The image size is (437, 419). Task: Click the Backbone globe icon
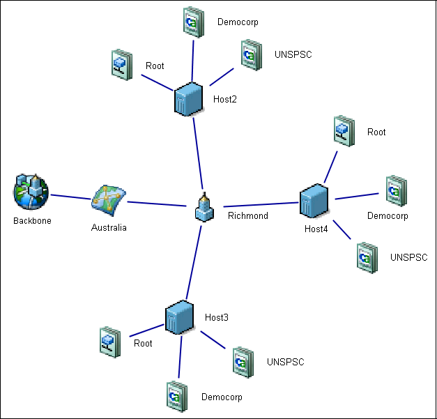point(31,192)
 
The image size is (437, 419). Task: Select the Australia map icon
point(109,201)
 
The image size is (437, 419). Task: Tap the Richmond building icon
point(204,208)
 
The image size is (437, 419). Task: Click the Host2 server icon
point(188,98)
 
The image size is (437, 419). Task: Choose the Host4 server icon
point(315,201)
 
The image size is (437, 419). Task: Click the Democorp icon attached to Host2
point(192,22)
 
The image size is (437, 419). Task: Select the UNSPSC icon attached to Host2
point(251,55)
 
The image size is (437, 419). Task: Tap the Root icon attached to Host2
point(121,64)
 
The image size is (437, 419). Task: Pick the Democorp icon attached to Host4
point(396,190)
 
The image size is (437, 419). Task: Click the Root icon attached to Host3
point(109,342)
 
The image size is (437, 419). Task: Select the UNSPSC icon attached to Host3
point(242,361)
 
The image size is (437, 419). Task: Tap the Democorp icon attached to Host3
point(176,395)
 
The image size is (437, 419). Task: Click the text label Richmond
point(247,215)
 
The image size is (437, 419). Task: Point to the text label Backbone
point(32,221)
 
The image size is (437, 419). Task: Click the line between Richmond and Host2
point(197,153)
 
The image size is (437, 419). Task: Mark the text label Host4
point(316,229)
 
